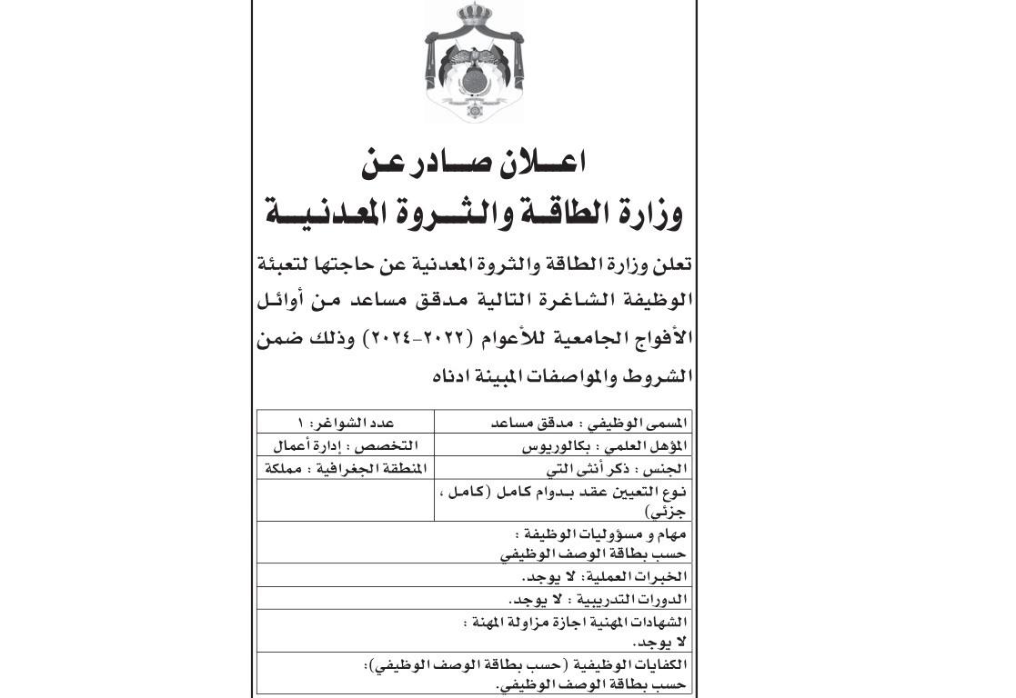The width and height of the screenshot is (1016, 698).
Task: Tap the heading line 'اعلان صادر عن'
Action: tap(474, 163)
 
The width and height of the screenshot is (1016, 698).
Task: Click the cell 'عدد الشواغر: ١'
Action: tap(346, 423)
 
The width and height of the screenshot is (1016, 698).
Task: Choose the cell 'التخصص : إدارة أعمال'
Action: tap(346, 446)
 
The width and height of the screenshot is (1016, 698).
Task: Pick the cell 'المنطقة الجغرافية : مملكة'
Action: tap(346, 469)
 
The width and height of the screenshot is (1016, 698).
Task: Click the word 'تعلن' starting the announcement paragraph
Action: tap(671, 265)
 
